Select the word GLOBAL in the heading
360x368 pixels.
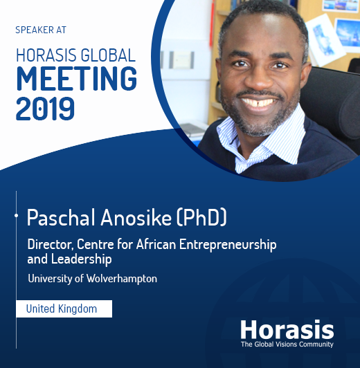coord(110,55)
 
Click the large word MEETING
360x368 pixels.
coord(75,80)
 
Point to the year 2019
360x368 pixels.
coord(44,107)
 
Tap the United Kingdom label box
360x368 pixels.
coord(64,309)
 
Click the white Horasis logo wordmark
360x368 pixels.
coord(287,329)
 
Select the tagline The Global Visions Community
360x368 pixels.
coord(287,344)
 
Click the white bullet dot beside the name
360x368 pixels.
coord(16,217)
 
